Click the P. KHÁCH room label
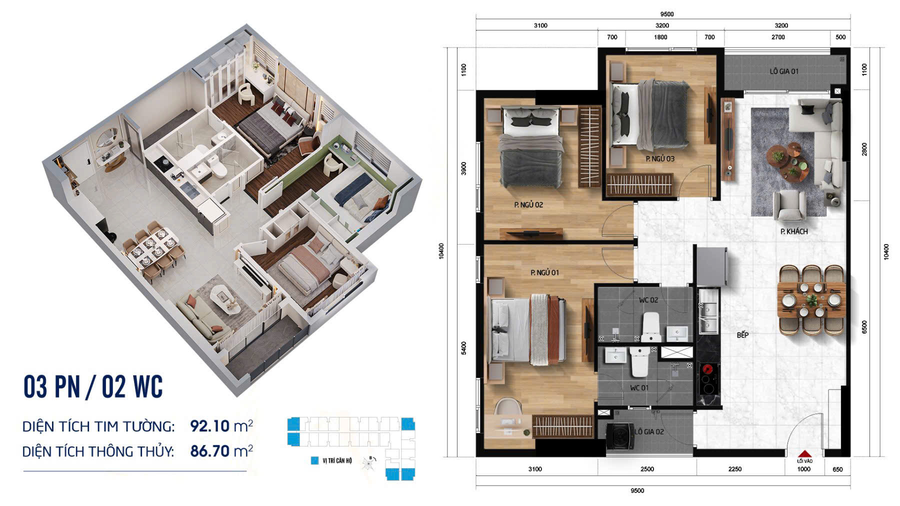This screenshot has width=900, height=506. [x=793, y=231]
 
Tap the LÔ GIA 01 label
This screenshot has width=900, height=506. [x=783, y=71]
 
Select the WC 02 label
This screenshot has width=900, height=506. [x=648, y=300]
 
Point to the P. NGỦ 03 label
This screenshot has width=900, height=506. [x=659, y=158]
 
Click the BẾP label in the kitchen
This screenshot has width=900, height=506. [x=742, y=335]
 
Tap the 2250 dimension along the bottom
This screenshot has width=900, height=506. [x=734, y=469]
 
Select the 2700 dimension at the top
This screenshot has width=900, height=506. [x=778, y=37]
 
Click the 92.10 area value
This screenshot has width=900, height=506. [x=209, y=426]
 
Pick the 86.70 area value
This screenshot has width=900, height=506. [x=209, y=451]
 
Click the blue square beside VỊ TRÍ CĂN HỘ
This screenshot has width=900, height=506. [x=314, y=460]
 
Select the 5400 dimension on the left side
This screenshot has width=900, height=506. [x=463, y=348]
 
